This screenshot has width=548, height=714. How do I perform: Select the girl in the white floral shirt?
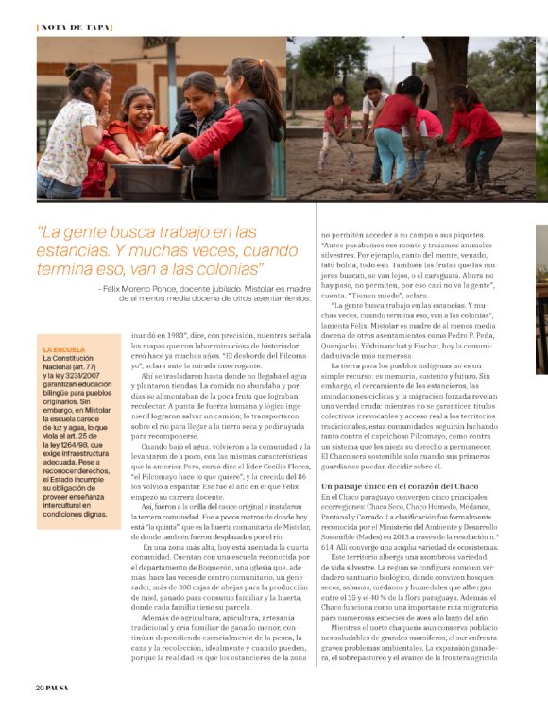[69, 132]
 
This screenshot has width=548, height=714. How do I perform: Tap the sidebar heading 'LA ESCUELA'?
[64, 349]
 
